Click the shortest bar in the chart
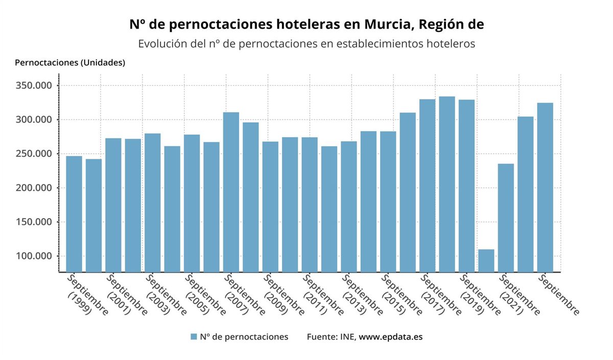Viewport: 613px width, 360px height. pyautogui.click(x=486, y=260)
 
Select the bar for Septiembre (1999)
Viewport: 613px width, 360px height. pyautogui.click(x=74, y=213)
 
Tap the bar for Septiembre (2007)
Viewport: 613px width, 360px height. pyautogui.click(x=231, y=191)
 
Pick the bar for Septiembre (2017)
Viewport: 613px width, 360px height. pyautogui.click(x=427, y=185)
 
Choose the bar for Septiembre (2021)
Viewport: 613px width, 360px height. pyautogui.click(x=506, y=218)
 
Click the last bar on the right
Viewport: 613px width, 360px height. pyautogui.click(x=545, y=187)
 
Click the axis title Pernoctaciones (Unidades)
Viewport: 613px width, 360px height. pyautogui.click(x=70, y=63)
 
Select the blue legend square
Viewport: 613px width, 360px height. pyautogui.click(x=194, y=337)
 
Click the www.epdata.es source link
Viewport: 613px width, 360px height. pyautogui.click(x=391, y=337)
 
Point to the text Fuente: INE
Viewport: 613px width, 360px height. pyautogui.click(x=331, y=337)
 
